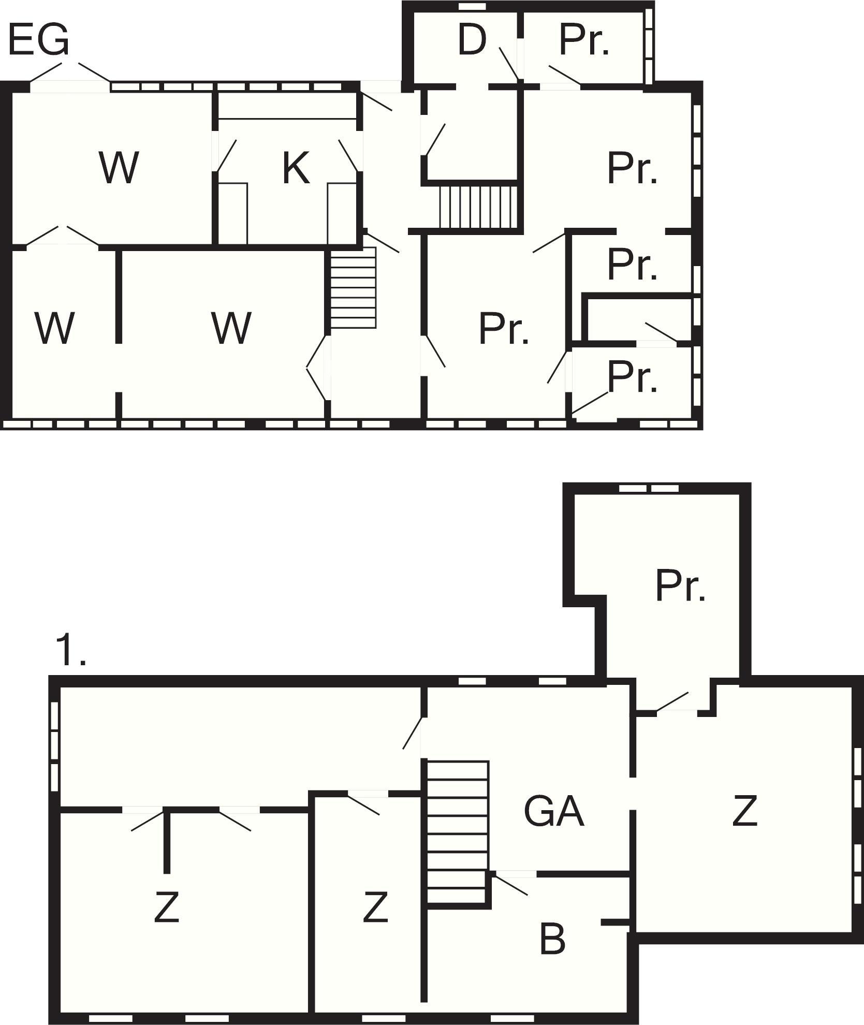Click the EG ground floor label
click(x=38, y=40)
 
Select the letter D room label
click(x=472, y=40)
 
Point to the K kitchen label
click(x=296, y=168)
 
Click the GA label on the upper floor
click(x=554, y=811)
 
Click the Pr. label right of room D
click(x=584, y=40)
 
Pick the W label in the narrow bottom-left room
click(x=54, y=328)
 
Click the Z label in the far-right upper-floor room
click(x=745, y=811)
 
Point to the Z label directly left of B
click(x=375, y=907)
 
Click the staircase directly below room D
click(x=478, y=207)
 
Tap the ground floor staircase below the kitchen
click(x=353, y=288)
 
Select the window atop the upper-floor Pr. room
click(x=649, y=488)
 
